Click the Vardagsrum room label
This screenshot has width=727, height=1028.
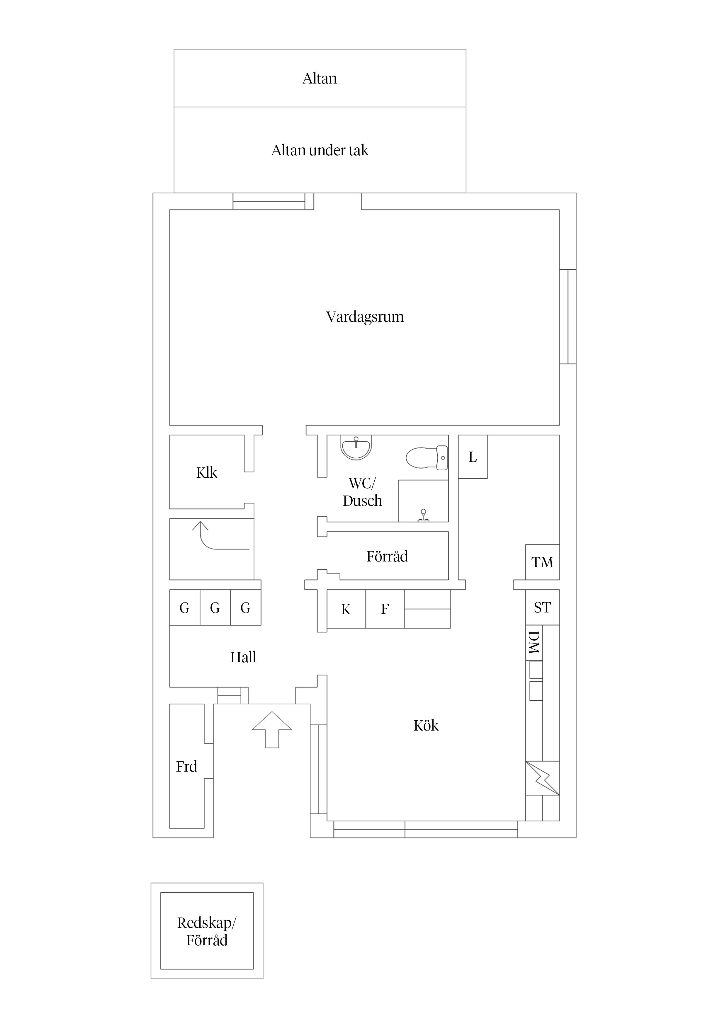pyautogui.click(x=365, y=317)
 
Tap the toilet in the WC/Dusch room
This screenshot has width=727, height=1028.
pyautogui.click(x=427, y=457)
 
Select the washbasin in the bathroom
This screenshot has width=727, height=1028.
pyautogui.click(x=356, y=448)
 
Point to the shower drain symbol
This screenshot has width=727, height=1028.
pyautogui.click(x=423, y=516)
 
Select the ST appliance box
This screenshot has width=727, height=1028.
pyautogui.click(x=542, y=607)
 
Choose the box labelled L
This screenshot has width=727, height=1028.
pyautogui.click(x=473, y=457)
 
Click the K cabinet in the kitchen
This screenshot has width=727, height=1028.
pyautogui.click(x=346, y=609)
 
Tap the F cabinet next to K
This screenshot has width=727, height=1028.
pyautogui.click(x=385, y=609)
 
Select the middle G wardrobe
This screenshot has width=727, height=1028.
pyautogui.click(x=215, y=607)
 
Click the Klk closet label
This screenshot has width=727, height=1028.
pyautogui.click(x=206, y=472)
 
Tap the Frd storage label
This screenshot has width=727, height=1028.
pyautogui.click(x=186, y=767)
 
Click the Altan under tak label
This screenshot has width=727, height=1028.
pyautogui.click(x=320, y=150)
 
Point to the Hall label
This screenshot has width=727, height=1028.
pyautogui.click(x=243, y=657)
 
